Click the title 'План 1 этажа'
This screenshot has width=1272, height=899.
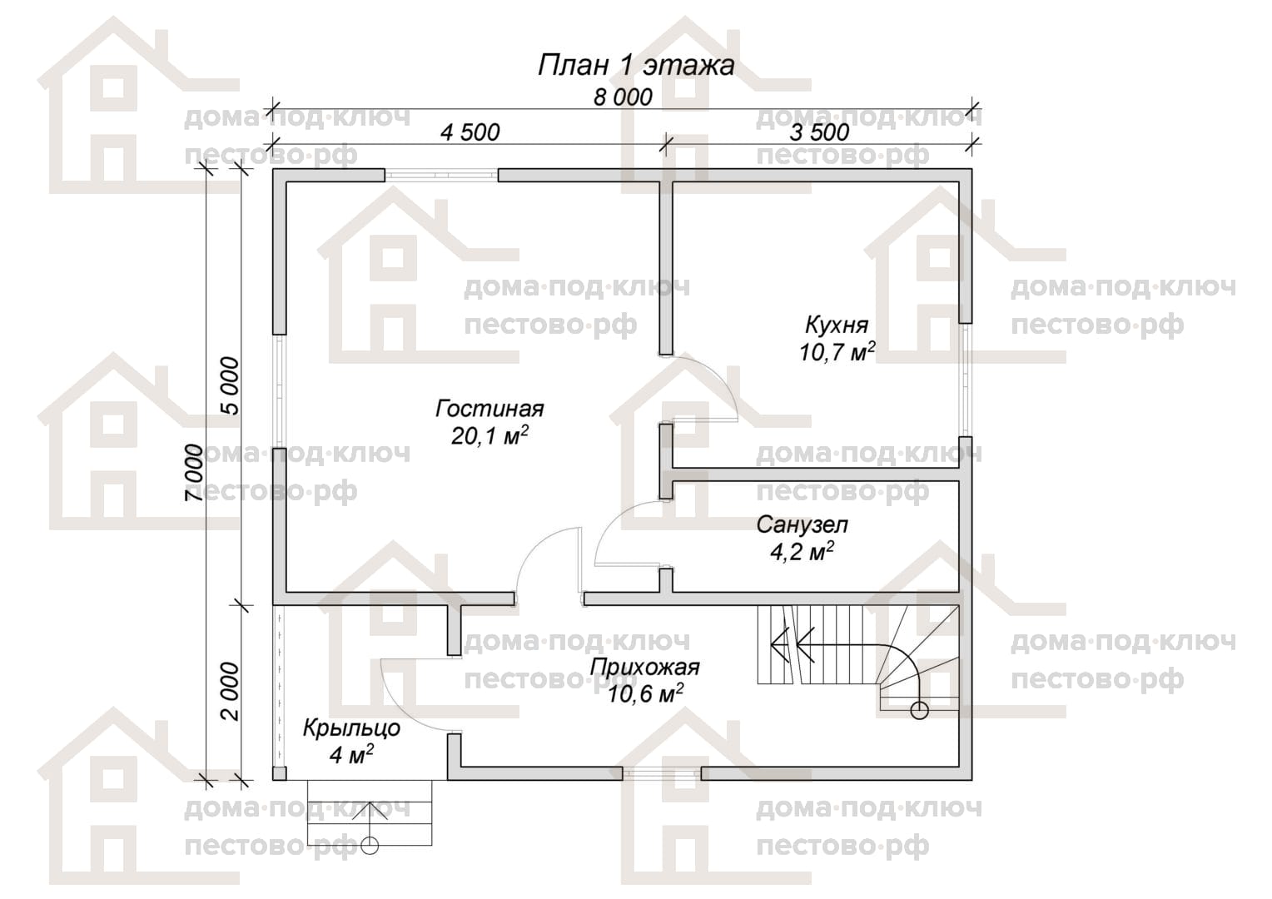pyautogui.click(x=635, y=65)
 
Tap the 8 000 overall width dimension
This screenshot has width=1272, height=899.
pyautogui.click(x=623, y=97)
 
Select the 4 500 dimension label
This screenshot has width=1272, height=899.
pyautogui.click(x=470, y=132)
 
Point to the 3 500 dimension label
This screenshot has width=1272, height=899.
pyautogui.click(x=819, y=132)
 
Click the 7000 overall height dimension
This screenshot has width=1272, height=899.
pyautogui.click(x=194, y=473)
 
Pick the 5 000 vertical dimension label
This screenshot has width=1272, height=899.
pyautogui.click(x=230, y=385)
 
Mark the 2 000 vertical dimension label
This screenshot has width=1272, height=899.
pyautogui.click(x=230, y=691)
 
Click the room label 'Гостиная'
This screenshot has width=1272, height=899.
pyautogui.click(x=489, y=409)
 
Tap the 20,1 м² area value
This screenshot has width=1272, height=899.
pyautogui.click(x=489, y=435)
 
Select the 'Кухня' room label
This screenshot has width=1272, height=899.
pyautogui.click(x=837, y=325)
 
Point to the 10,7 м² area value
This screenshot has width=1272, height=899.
pyautogui.click(x=837, y=352)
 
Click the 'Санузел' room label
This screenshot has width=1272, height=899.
pyautogui.click(x=802, y=524)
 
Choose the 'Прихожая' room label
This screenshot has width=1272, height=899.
pyautogui.click(x=644, y=667)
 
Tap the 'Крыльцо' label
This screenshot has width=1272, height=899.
pyautogui.click(x=351, y=728)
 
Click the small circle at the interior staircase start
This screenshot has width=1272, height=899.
pyautogui.click(x=919, y=710)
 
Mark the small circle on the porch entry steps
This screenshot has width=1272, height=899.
pyautogui.click(x=370, y=846)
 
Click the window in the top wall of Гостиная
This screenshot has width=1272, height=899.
pyautogui.click(x=441, y=176)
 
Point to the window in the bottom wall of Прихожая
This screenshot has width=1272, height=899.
pyautogui.click(x=662, y=773)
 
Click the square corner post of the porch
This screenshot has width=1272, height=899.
pyautogui.click(x=279, y=773)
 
